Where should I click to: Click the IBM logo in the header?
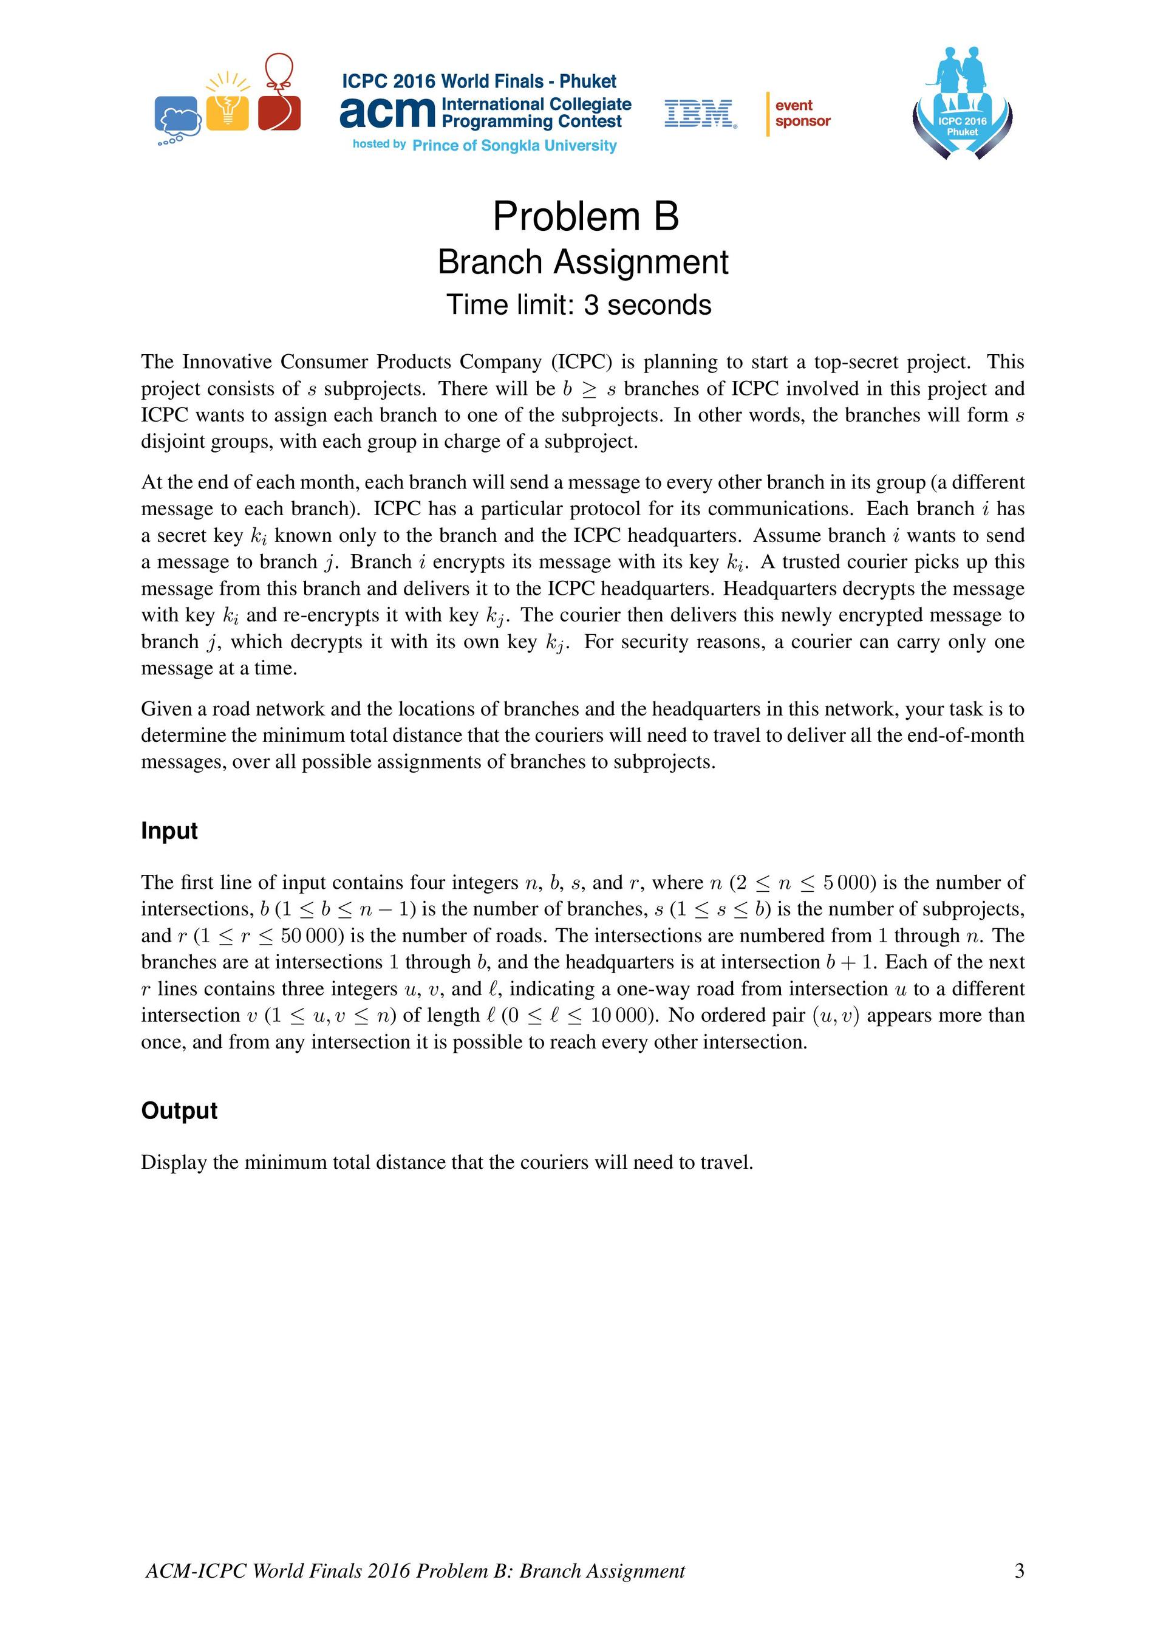pyautogui.click(x=700, y=114)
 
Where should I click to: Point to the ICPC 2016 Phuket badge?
pyautogui.click(x=962, y=104)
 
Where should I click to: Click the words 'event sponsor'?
pyautogui.click(x=802, y=114)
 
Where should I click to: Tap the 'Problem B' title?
pyautogui.click(x=585, y=216)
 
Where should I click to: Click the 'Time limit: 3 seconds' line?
pyautogui.click(x=579, y=305)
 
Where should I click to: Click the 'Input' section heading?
pyautogui.click(x=169, y=830)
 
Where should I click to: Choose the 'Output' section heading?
pyautogui.click(x=179, y=1111)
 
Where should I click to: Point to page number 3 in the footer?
pyautogui.click(x=1018, y=1571)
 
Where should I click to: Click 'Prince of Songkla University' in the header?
pyautogui.click(x=514, y=146)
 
